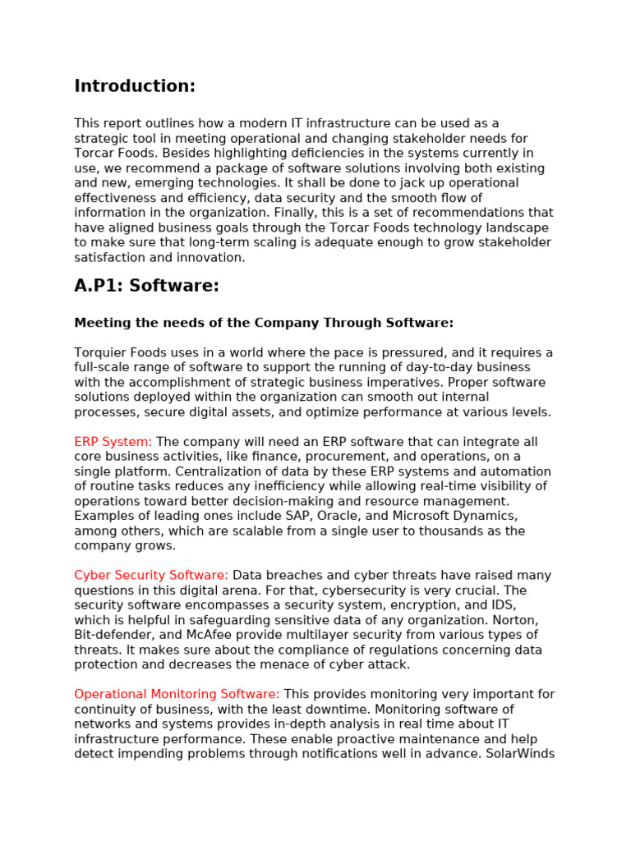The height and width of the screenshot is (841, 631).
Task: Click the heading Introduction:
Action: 135,87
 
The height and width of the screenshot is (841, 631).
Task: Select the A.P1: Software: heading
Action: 146,286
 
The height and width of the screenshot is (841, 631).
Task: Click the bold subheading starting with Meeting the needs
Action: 264,324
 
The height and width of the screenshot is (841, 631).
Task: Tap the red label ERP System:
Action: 113,442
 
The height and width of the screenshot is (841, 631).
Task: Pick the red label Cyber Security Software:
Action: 151,576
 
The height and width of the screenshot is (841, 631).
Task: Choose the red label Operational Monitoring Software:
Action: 177,695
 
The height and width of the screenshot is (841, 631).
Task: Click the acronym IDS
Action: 503,605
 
